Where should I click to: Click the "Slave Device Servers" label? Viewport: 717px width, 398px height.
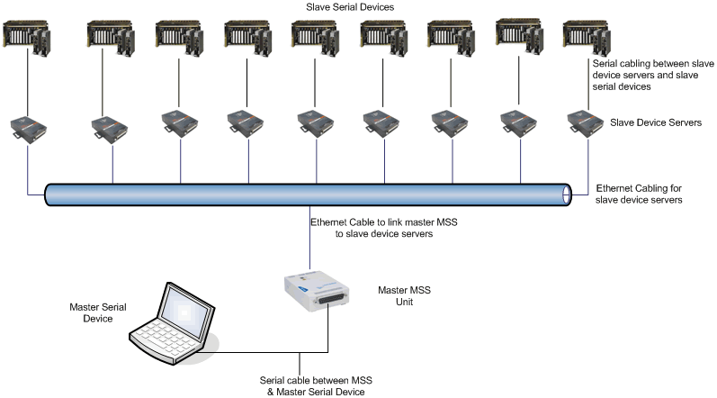[x=655, y=122]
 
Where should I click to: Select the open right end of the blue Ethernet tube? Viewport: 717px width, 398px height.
[x=566, y=194]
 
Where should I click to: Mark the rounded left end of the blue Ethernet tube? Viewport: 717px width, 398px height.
[x=49, y=194]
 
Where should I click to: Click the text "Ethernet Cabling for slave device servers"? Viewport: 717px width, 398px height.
[x=640, y=194]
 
